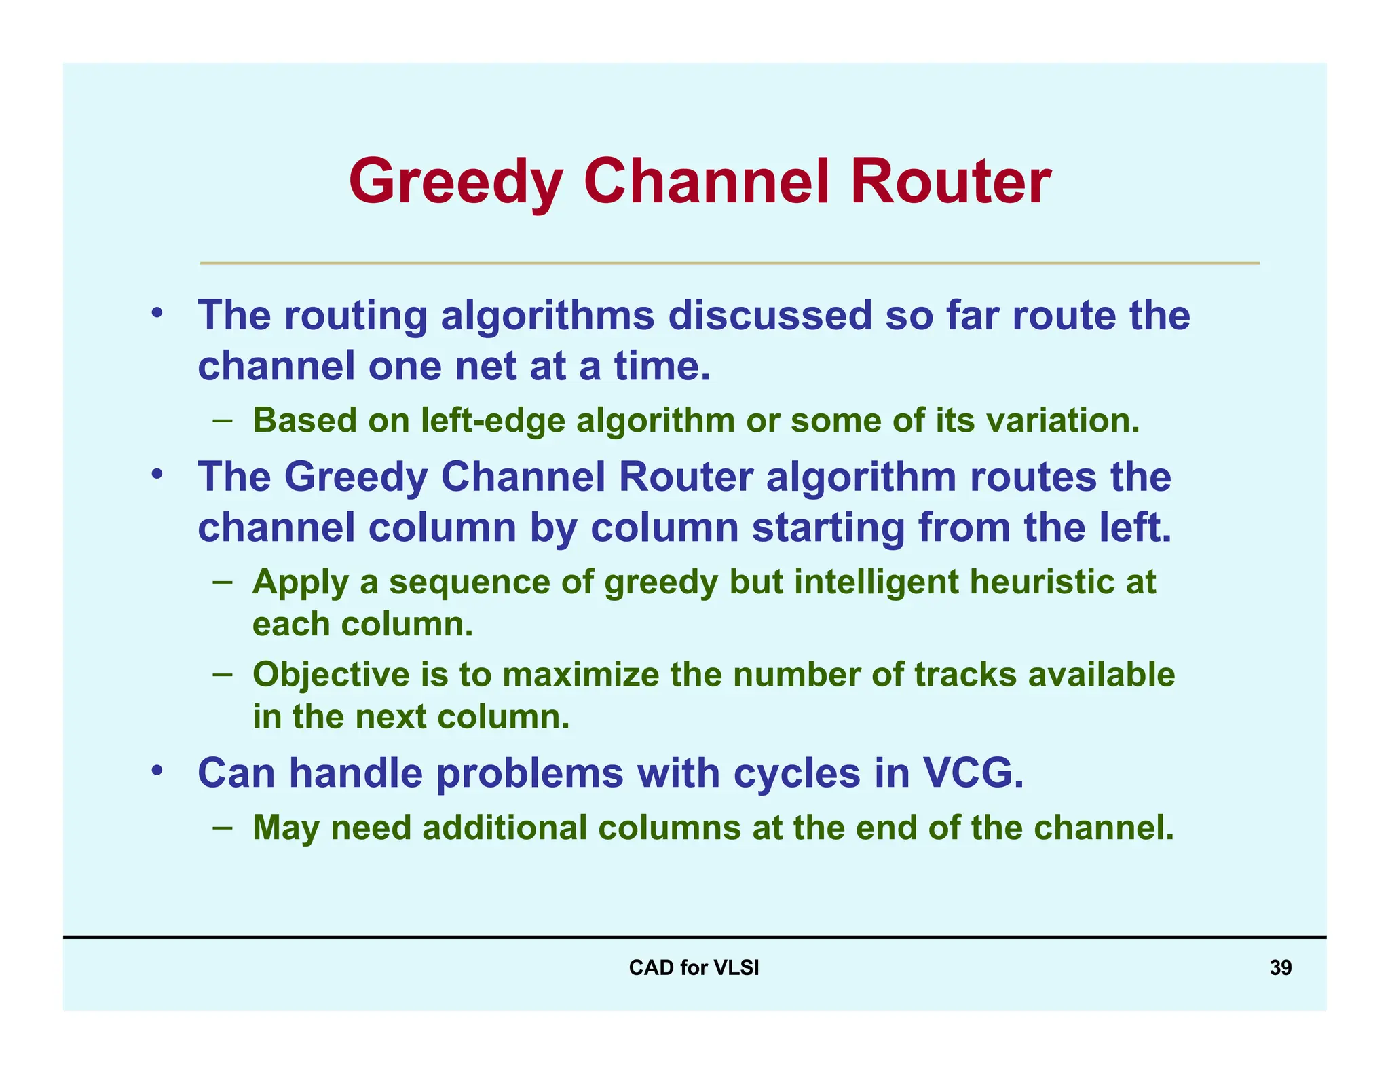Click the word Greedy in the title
coord(455,182)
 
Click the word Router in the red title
coord(950,182)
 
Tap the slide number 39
coord(1280,967)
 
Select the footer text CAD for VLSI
coord(694,967)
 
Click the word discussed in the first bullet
coord(770,316)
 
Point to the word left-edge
coord(493,420)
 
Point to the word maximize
coord(580,675)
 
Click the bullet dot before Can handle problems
coord(157,771)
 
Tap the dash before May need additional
coord(222,827)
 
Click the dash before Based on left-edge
coord(222,420)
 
